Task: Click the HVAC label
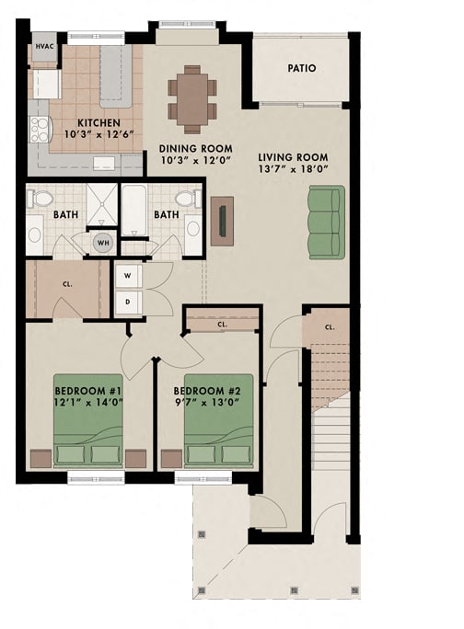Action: point(43,46)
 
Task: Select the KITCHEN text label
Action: point(97,122)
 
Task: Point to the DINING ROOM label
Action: point(195,148)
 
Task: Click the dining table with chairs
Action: point(192,95)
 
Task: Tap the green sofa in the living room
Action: point(326,222)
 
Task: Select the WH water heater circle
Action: point(103,243)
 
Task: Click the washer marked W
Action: point(126,275)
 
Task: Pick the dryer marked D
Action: point(126,300)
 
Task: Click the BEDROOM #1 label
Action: point(88,388)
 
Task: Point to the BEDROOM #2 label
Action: point(218,388)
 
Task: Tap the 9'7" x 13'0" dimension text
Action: point(218,401)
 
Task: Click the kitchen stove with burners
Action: point(40,129)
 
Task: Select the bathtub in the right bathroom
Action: point(134,212)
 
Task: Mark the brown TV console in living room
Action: point(222,221)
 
